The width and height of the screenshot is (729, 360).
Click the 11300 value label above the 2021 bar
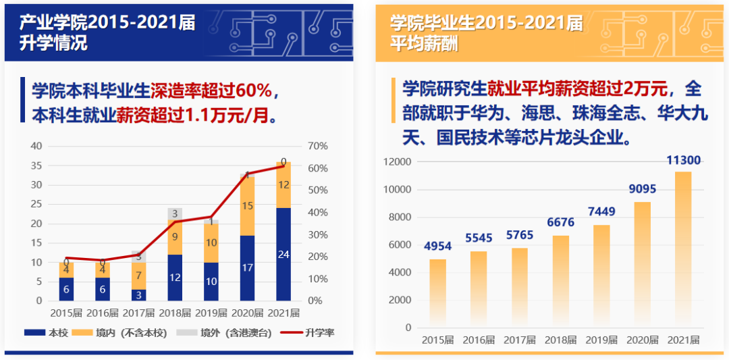tap(683, 161)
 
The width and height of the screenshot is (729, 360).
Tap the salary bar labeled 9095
tap(642, 264)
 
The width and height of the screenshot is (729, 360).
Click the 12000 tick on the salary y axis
tap(397, 162)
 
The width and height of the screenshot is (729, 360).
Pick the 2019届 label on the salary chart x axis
tap(601, 340)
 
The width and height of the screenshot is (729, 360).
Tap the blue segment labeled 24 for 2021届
tap(283, 255)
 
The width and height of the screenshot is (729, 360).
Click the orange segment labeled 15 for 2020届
tap(247, 205)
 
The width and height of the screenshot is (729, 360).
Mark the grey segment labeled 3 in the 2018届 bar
tap(175, 213)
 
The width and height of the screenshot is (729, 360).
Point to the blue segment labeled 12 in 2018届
tap(175, 277)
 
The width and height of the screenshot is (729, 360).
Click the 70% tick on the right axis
tap(317, 147)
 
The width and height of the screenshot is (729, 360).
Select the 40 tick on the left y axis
tap(36, 147)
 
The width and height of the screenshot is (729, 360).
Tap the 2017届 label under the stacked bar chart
tap(138, 313)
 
